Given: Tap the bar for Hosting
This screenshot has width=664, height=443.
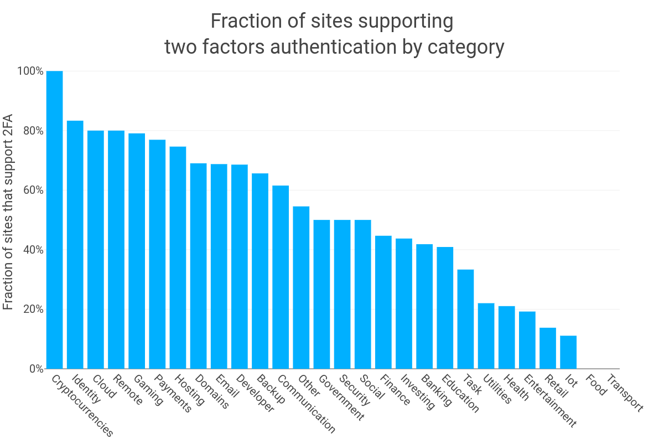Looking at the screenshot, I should tap(178, 257).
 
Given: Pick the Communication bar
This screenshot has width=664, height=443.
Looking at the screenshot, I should tap(281, 277).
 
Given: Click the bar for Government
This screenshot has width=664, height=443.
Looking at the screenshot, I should tap(321, 294).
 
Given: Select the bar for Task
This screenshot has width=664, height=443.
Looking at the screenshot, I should tap(465, 319).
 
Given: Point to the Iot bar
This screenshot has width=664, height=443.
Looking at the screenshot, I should tap(568, 352).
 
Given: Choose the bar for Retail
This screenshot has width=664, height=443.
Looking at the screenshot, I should tap(548, 348).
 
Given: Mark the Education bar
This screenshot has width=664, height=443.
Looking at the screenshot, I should tap(445, 308).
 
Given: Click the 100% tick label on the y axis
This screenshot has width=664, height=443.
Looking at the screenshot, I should tap(30, 71).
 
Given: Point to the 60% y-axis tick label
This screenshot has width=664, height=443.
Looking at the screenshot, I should tap(32, 190).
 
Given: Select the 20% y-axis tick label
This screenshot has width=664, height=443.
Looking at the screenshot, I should tap(32, 310).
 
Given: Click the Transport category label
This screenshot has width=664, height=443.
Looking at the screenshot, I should tap(625, 394).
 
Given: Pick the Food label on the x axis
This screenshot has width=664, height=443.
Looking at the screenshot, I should tap(596, 385).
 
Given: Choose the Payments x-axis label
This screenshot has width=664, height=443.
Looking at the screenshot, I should tap(172, 394).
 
